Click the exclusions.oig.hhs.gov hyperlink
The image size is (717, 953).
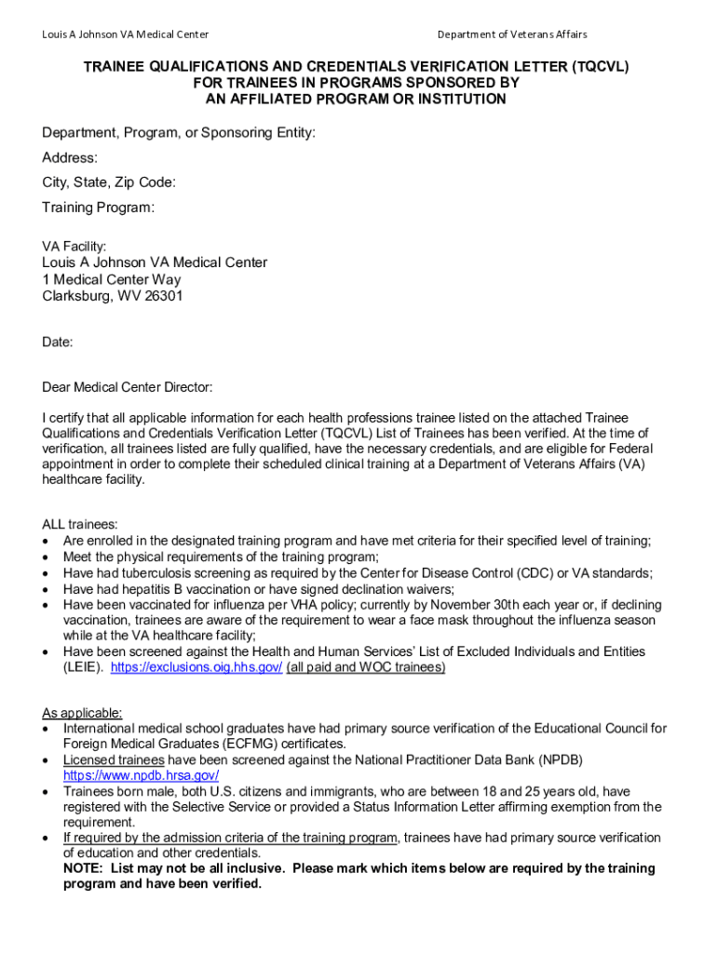coord(196,667)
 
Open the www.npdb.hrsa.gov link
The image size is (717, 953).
coord(141,775)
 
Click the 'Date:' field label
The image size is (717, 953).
coord(58,342)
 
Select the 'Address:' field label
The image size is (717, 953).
coord(70,158)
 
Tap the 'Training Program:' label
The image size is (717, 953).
coord(99,208)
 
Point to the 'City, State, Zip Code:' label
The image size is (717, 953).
coord(109,182)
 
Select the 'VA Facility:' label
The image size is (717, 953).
coord(74,247)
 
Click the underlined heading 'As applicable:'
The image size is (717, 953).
coord(82,713)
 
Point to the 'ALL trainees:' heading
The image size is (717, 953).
coord(80,525)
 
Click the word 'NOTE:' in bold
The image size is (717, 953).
coord(83,868)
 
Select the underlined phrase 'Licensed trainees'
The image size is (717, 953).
coord(114,760)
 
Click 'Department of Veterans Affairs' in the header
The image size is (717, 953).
coord(512,34)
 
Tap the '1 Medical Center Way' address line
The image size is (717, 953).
coord(112,279)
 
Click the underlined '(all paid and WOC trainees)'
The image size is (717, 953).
coord(366,667)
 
